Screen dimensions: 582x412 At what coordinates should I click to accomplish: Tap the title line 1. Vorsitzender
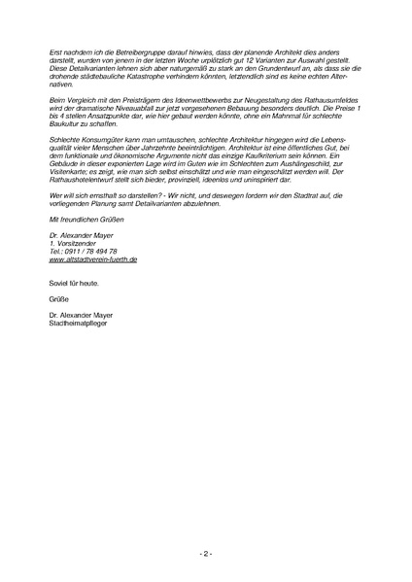pos(71,243)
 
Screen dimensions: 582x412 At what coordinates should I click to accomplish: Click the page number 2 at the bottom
pos(206,553)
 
